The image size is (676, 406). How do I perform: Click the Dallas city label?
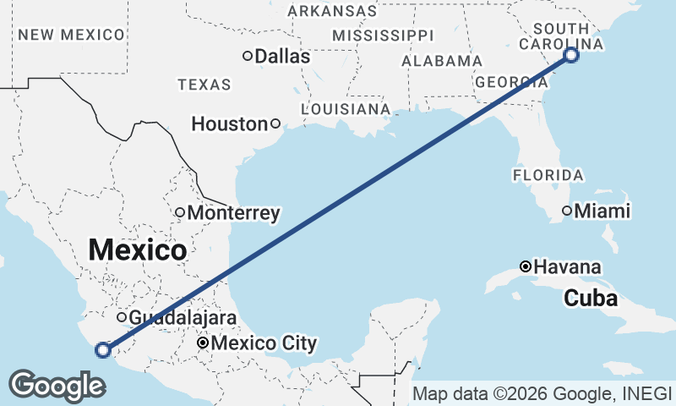click(x=282, y=57)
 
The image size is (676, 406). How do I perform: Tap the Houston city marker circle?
click(x=275, y=123)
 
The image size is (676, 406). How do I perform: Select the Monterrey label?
click(x=233, y=213)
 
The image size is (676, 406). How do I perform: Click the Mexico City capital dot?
click(x=203, y=343)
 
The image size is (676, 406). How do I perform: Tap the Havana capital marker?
click(x=526, y=266)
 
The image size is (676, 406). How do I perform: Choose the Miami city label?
click(x=602, y=211)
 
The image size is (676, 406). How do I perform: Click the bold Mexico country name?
click(x=137, y=250)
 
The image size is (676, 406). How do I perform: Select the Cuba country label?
click(x=590, y=299)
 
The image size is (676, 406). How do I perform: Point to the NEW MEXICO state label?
click(x=71, y=35)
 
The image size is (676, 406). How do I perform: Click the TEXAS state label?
click(x=204, y=85)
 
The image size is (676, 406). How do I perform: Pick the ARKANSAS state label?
click(x=332, y=11)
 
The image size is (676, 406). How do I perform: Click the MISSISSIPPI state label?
click(x=382, y=36)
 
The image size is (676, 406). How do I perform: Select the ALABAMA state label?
click(x=442, y=62)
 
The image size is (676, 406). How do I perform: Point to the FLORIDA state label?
click(x=548, y=175)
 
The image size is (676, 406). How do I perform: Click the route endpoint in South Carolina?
click(x=571, y=55)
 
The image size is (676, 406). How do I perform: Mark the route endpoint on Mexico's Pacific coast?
click(x=103, y=349)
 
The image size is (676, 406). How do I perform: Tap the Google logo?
click(x=57, y=385)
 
